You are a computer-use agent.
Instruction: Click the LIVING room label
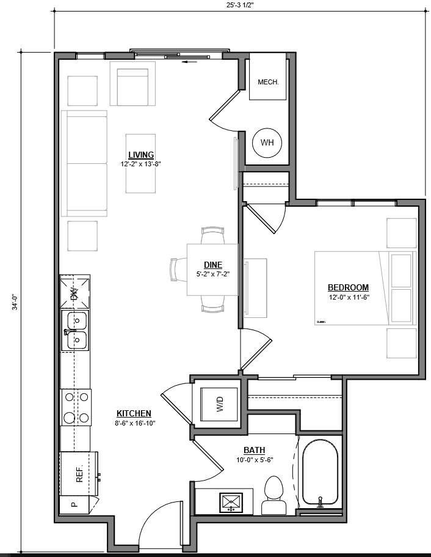pos(141,155)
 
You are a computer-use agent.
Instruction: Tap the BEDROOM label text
pos(348,287)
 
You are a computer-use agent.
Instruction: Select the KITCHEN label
pos(134,413)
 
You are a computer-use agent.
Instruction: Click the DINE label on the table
pos(212,265)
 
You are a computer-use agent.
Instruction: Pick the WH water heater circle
pos(267,142)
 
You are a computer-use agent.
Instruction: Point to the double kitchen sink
pos(76,330)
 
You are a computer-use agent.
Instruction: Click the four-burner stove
pos(76,407)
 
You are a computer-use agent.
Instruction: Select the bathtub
pos(320,473)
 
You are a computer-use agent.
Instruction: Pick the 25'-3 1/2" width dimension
pos(239,4)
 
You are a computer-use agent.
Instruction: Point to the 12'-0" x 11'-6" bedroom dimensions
pos(348,297)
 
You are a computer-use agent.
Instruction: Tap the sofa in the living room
pos(84,163)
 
